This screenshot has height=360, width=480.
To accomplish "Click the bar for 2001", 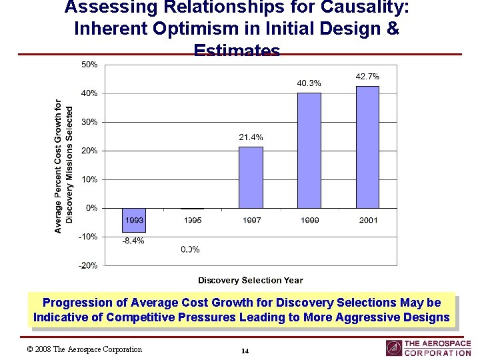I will (367, 147).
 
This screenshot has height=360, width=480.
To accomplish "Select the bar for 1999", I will (309, 150).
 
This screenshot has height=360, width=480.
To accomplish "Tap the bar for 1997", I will (251, 177).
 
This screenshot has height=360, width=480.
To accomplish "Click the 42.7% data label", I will (367, 77).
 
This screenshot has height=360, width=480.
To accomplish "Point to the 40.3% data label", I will (309, 83).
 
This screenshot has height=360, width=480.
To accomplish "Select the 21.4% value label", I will (251, 137).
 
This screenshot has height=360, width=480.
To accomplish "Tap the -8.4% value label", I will (133, 241).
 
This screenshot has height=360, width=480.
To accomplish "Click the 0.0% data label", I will (190, 249).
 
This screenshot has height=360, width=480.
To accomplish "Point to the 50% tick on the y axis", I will (89, 65).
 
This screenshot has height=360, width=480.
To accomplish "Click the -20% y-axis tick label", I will (88, 265).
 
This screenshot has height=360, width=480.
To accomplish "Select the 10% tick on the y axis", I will (89, 179).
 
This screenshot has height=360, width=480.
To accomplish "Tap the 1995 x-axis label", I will (193, 220).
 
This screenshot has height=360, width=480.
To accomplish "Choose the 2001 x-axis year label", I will (367, 220).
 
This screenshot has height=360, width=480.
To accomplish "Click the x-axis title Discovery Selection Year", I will (250, 281).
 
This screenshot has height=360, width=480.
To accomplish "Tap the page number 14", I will (245, 351).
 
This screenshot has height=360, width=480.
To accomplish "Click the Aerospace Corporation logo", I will (428, 348).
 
